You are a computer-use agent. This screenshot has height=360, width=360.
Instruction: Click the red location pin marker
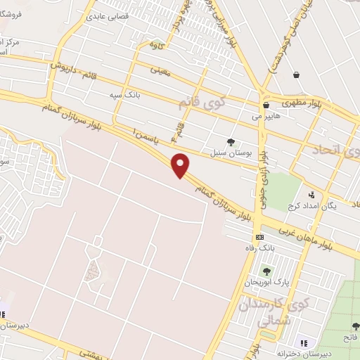(x=182, y=165)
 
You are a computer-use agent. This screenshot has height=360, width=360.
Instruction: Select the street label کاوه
(x=156, y=44)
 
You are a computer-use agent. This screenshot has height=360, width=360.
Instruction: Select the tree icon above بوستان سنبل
(x=231, y=141)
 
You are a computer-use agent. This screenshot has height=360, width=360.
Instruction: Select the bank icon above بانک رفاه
(x=259, y=237)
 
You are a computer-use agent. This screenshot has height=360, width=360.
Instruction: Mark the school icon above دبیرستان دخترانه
(x=303, y=342)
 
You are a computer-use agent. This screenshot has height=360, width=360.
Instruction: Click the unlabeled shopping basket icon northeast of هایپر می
(x=297, y=75)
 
